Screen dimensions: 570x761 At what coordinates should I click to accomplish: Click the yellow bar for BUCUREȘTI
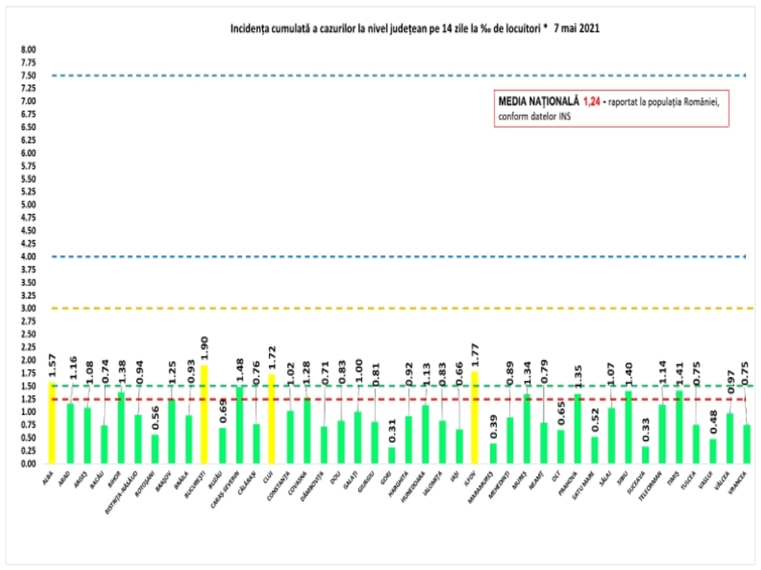coord(204,414)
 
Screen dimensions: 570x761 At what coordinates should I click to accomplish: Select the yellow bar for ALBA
coord(51,423)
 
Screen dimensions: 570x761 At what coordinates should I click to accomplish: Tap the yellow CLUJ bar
coord(271,419)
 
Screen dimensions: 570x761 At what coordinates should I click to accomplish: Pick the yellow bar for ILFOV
coord(474,418)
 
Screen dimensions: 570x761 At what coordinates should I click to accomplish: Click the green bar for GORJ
coord(391,455)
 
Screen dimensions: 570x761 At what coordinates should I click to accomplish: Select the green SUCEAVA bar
coord(645,455)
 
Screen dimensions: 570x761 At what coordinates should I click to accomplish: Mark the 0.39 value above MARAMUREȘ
coord(494,427)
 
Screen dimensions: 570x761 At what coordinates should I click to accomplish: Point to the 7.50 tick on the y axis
coord(28,76)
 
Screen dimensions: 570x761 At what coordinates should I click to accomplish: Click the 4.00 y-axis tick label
coord(28,256)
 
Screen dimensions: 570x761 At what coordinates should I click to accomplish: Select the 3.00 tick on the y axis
coord(28,308)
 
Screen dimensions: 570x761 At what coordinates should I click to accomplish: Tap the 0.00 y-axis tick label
coord(28,464)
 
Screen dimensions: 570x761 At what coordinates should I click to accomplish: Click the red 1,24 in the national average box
coord(592,102)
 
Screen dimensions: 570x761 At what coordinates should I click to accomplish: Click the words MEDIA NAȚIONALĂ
coord(538,102)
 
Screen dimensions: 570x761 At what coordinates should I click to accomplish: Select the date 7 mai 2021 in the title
coord(576,28)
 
